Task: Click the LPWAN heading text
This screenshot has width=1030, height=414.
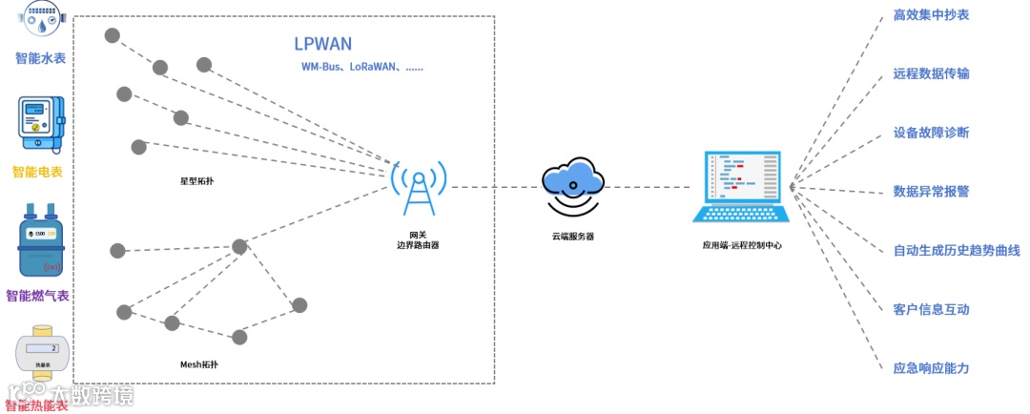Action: pyautogui.click(x=323, y=44)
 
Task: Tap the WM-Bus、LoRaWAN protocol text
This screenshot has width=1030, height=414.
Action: pyautogui.click(x=361, y=68)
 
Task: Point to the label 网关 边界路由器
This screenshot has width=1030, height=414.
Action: pyautogui.click(x=418, y=239)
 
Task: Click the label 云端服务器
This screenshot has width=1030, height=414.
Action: pyautogui.click(x=572, y=236)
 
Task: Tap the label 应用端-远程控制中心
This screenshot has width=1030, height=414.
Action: pyautogui.click(x=742, y=245)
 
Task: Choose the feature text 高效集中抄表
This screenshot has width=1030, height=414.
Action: pyautogui.click(x=931, y=15)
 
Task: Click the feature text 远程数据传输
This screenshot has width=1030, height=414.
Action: pyautogui.click(x=931, y=73)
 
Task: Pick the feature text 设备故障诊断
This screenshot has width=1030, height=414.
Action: pyautogui.click(x=931, y=133)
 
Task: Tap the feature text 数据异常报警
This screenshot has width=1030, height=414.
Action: pyautogui.click(x=931, y=191)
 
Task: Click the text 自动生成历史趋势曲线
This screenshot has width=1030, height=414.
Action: pyautogui.click(x=956, y=251)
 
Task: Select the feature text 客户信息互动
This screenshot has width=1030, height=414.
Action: pyautogui.click(x=931, y=310)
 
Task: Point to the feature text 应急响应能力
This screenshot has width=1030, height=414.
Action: pyautogui.click(x=931, y=368)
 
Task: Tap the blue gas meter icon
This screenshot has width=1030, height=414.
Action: pyautogui.click(x=38, y=243)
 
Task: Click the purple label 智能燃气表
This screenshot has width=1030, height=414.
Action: pyautogui.click(x=38, y=296)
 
